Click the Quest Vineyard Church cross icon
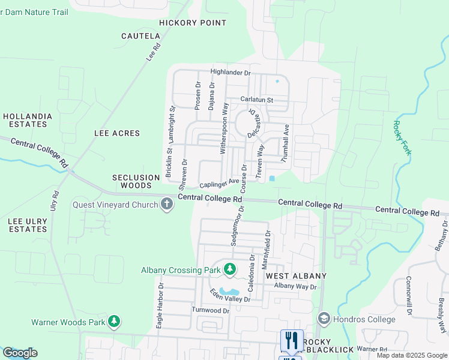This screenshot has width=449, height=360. point(167,205)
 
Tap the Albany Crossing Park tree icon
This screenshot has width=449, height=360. point(229,270)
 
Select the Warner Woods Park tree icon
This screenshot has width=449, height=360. point(114,322)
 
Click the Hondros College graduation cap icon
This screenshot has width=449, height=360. point(324,319)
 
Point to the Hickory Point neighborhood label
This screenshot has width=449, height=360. point(193,23)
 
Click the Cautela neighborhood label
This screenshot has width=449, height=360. point(140,36)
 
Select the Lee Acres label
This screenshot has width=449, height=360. point(117,133)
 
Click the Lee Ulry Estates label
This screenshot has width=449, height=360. point(28,225)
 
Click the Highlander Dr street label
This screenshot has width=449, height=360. point(231,73)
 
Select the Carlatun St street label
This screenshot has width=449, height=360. point(256,100)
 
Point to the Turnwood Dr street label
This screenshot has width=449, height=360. point(211,310)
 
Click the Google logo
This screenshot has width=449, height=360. point(20,353)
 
